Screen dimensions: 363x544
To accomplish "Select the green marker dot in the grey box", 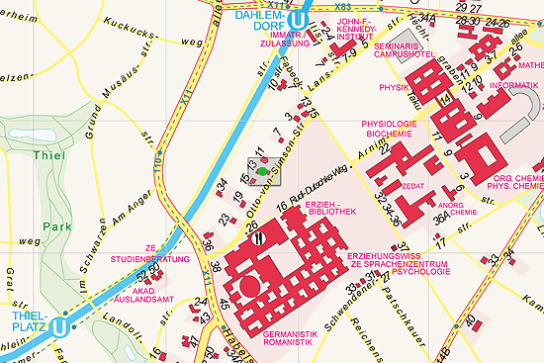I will [261, 172].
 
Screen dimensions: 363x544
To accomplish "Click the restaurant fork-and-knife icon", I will [258, 235].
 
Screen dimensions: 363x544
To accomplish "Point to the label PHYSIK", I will [394, 87].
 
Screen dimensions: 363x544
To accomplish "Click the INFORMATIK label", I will [513, 86].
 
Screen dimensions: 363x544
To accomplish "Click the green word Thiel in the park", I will [47, 156].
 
